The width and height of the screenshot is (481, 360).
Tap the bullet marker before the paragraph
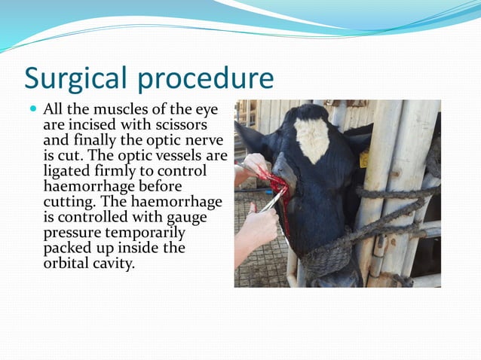[x=33, y=108]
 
